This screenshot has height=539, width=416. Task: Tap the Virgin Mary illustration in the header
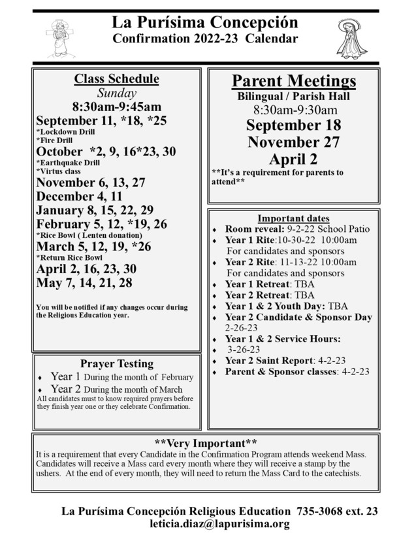pos(353,38)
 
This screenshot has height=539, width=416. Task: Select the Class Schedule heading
pos(116,79)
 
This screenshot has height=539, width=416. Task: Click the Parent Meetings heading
pos(294,81)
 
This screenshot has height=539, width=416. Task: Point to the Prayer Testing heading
pos(116,363)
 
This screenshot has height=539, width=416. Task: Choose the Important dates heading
pos(294,218)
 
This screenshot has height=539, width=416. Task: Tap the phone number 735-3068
pos(322,511)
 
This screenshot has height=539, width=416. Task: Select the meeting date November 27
pos(294,142)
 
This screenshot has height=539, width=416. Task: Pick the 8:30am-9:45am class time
pos(116,106)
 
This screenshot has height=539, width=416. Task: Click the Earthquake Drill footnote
pos(68,162)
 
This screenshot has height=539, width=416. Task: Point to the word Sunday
pos(116,93)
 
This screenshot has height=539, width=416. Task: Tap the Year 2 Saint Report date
pos(340,360)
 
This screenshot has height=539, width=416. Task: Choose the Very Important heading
pos(206,442)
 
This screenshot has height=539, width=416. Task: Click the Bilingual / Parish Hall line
pos(294,97)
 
